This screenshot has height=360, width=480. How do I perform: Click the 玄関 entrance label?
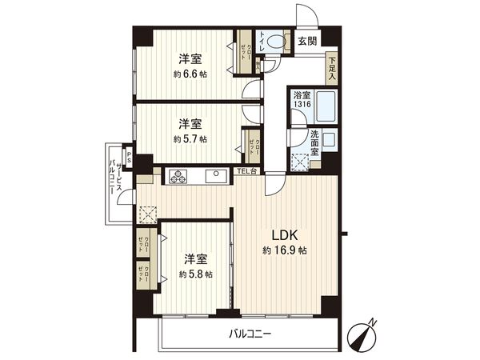coord(307,40)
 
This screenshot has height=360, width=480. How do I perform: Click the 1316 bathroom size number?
coord(302,105)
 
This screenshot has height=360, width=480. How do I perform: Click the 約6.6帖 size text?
coord(190,74)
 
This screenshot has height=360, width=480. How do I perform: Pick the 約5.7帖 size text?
coord(190,138)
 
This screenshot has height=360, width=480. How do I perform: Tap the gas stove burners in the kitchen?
coord(176,175)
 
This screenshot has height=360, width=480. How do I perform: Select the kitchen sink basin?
coord(215,175)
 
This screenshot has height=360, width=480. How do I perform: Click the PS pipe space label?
coord(127,156)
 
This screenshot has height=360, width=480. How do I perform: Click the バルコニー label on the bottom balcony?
coord(250,334)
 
